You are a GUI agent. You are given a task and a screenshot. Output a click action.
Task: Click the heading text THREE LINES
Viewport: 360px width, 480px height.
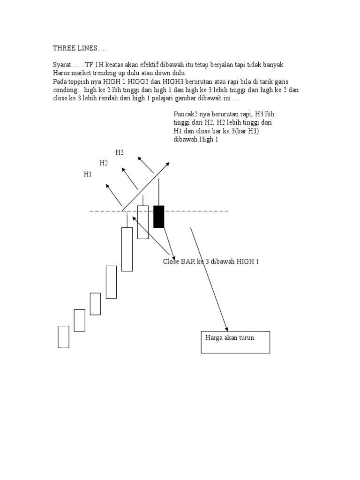(76, 48)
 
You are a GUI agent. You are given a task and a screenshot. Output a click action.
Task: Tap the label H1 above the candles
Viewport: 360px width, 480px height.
(88, 174)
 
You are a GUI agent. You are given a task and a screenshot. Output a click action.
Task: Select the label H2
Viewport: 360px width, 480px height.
(104, 163)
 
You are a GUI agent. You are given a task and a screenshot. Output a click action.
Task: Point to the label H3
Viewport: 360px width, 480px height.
(120, 152)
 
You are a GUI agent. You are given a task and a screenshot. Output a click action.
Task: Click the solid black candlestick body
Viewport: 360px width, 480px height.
(159, 217)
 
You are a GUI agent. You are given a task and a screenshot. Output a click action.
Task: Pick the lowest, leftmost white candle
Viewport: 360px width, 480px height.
(63, 337)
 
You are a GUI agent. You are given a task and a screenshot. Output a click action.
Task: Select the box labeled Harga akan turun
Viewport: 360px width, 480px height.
(235, 342)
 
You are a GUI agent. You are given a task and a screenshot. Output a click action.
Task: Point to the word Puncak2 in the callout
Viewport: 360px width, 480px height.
(185, 114)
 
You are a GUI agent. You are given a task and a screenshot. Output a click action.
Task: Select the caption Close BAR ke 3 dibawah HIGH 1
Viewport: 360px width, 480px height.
(211, 262)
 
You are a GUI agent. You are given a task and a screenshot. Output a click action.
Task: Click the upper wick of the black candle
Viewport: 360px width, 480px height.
(159, 192)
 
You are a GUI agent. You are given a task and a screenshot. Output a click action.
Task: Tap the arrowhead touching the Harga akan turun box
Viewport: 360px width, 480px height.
(227, 329)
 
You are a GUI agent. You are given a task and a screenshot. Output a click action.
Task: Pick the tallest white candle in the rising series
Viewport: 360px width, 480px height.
(127, 249)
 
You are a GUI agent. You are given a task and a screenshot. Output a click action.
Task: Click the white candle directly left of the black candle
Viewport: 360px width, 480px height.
(143, 222)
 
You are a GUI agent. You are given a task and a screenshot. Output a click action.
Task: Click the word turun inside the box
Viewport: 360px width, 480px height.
(245, 337)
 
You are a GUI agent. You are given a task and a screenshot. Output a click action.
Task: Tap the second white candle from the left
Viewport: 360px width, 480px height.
(79, 320)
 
